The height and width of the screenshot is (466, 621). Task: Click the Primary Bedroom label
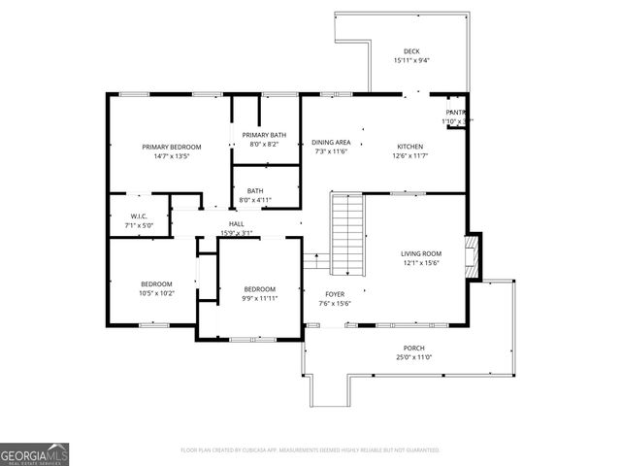click(x=164, y=147)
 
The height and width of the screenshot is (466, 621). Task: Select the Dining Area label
click(x=332, y=143)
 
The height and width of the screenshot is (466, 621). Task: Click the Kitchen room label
click(x=409, y=147)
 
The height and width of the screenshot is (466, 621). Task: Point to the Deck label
click(x=411, y=51)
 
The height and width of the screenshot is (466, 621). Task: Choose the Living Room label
click(x=421, y=253)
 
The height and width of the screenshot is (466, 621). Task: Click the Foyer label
click(x=334, y=293)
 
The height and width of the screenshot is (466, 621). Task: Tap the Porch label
click(x=414, y=348)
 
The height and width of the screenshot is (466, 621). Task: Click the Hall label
click(x=236, y=223)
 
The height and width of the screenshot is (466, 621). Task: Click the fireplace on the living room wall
click(x=474, y=257)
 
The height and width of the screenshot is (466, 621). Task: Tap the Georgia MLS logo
click(x=34, y=453)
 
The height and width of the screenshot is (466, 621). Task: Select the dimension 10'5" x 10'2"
click(x=156, y=292)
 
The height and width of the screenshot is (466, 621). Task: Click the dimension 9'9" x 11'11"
click(x=259, y=298)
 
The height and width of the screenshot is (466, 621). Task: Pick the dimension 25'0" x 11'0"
click(x=414, y=357)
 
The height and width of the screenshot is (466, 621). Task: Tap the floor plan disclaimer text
click(x=310, y=450)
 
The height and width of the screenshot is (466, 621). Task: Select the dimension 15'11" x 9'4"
click(x=411, y=60)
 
